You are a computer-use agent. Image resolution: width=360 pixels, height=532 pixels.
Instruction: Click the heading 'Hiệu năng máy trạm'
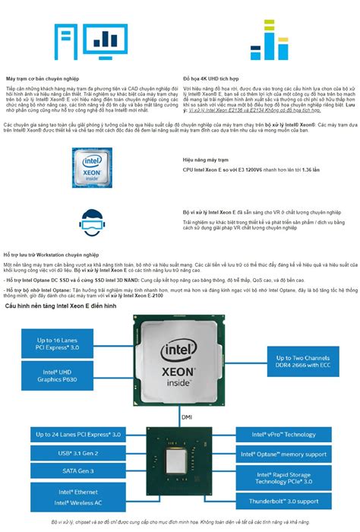coord(205,160)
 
